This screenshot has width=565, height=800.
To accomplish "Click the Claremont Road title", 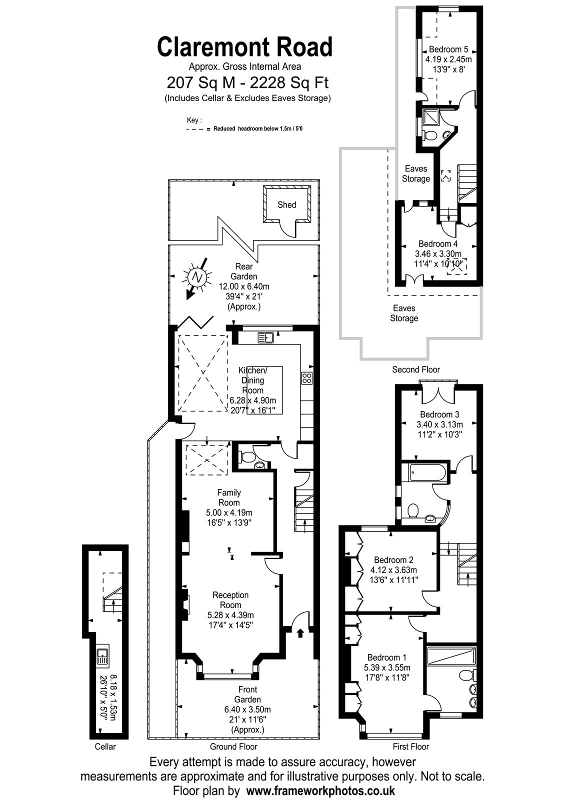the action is pyautogui.click(x=245, y=47).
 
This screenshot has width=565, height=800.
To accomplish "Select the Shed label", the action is pyautogui.click(x=287, y=204).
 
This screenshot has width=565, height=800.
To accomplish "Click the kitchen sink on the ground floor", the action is pyautogui.click(x=265, y=337).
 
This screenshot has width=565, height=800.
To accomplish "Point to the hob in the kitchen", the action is pyautogui.click(x=307, y=378).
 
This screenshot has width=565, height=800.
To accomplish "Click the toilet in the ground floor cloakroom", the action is pyautogui.click(x=247, y=456).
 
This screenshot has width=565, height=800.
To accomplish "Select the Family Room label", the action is pyautogui.click(x=229, y=497).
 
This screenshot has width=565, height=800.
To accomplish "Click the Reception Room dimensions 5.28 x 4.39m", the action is pyautogui.click(x=230, y=615).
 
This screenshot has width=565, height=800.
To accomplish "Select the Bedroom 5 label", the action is pyautogui.click(x=448, y=49).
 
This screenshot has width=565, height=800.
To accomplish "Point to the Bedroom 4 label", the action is pyautogui.click(x=438, y=244).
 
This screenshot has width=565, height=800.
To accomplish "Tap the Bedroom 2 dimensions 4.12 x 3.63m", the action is pyautogui.click(x=393, y=570).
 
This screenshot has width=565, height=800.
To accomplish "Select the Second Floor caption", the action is pyautogui.click(x=415, y=369).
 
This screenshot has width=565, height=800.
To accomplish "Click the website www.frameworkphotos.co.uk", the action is pyautogui.click(x=320, y=790).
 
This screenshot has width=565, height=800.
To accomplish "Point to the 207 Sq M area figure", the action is pyautogui.click(x=201, y=83).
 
